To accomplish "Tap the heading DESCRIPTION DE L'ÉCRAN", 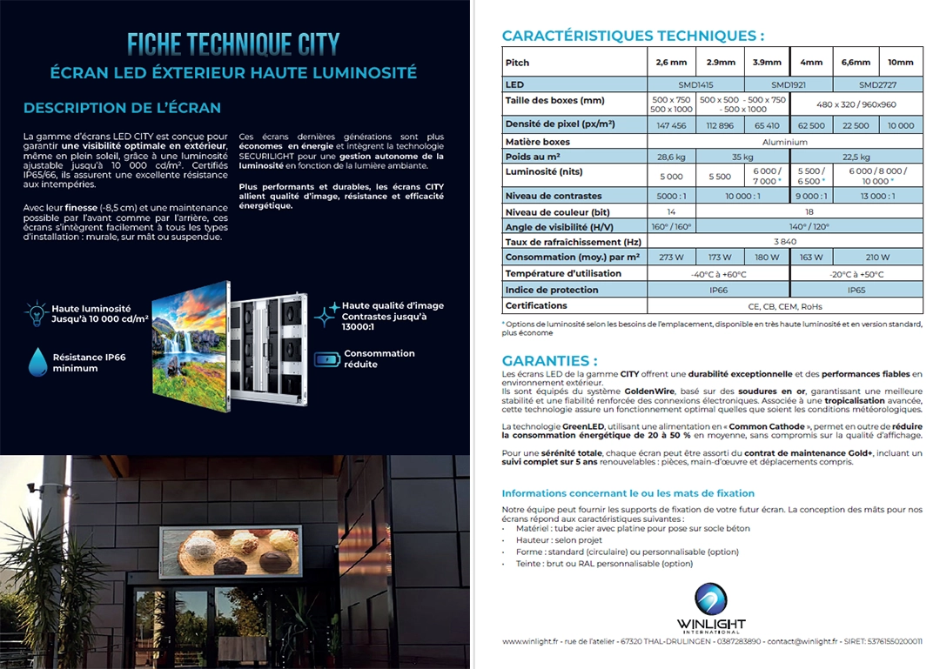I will tap(122, 108).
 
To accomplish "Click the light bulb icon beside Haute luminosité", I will tap(36, 313).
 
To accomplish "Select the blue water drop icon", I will tap(37, 361).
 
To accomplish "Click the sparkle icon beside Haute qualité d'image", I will tap(327, 314).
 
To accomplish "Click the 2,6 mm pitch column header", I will tap(671, 63).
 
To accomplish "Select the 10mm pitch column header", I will tap(900, 63).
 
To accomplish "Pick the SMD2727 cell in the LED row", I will tap(877, 85).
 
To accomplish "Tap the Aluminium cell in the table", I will tap(784, 141).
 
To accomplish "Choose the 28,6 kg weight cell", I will tap(671, 157).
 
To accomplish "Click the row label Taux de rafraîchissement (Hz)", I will tap(574, 242).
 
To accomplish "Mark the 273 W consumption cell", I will tap(671, 258).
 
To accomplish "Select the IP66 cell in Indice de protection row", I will tap(718, 290).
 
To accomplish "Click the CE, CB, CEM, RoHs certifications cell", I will tap(784, 306).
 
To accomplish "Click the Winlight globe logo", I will tap(711, 599).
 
